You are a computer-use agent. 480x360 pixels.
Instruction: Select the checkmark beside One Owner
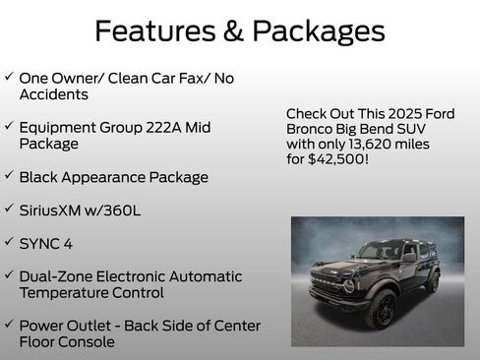tap(9, 77)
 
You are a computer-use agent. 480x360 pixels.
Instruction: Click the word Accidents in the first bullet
tap(53, 94)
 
